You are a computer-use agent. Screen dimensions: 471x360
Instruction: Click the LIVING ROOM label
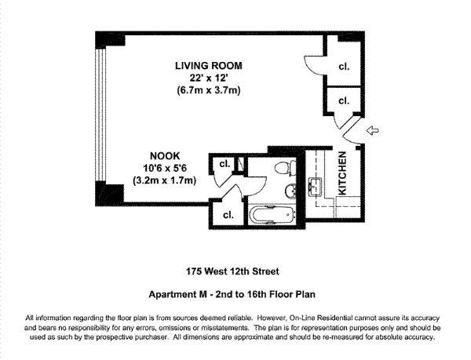tap(209, 66)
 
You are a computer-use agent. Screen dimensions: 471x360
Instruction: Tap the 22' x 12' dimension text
tap(209, 78)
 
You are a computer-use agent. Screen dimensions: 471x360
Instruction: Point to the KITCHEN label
tap(342, 173)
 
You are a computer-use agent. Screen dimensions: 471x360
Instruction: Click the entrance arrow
tap(373, 130)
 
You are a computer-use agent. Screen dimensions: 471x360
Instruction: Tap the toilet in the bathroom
tap(286, 167)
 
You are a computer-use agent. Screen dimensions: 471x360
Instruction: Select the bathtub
tap(272, 215)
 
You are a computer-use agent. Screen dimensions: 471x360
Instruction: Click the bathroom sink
tap(290, 191)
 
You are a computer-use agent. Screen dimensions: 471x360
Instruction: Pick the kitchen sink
tap(315, 187)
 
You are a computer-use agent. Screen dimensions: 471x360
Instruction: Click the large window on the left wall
tap(100, 115)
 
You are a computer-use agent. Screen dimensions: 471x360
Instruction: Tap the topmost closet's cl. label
tap(344, 67)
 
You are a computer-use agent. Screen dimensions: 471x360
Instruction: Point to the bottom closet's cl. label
tap(228, 215)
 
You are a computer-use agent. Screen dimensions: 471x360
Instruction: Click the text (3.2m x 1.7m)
tap(165, 180)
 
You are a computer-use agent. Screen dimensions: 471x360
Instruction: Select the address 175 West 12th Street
tap(232, 271)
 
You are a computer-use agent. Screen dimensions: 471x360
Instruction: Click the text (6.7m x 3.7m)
tap(209, 90)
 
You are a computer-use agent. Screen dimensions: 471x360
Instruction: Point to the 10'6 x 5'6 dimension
tap(165, 168)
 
